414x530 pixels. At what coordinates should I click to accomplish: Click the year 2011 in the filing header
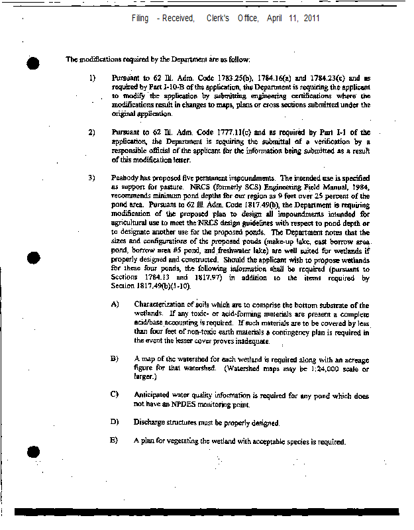click(x=312, y=18)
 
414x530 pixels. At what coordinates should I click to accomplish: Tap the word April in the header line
click(x=274, y=18)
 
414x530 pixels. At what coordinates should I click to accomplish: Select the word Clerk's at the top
click(x=219, y=18)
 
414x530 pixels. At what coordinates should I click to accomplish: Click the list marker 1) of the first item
click(x=93, y=78)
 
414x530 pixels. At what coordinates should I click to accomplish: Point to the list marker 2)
click(x=93, y=132)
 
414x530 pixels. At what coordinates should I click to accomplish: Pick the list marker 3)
click(x=93, y=178)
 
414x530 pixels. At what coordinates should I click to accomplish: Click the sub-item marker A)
click(x=115, y=304)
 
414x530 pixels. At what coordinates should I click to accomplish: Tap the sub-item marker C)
click(x=115, y=395)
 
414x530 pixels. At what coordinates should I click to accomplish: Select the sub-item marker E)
click(x=115, y=441)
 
